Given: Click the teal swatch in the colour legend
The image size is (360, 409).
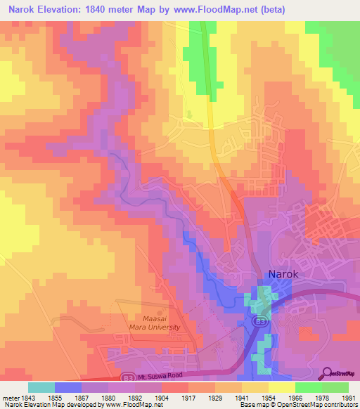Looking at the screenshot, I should pos(41,387).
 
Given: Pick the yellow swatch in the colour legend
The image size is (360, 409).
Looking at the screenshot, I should pos(282,387).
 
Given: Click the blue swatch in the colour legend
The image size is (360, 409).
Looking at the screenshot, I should pos(67,387).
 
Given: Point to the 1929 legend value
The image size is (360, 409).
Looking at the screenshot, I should pos(214,397).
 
